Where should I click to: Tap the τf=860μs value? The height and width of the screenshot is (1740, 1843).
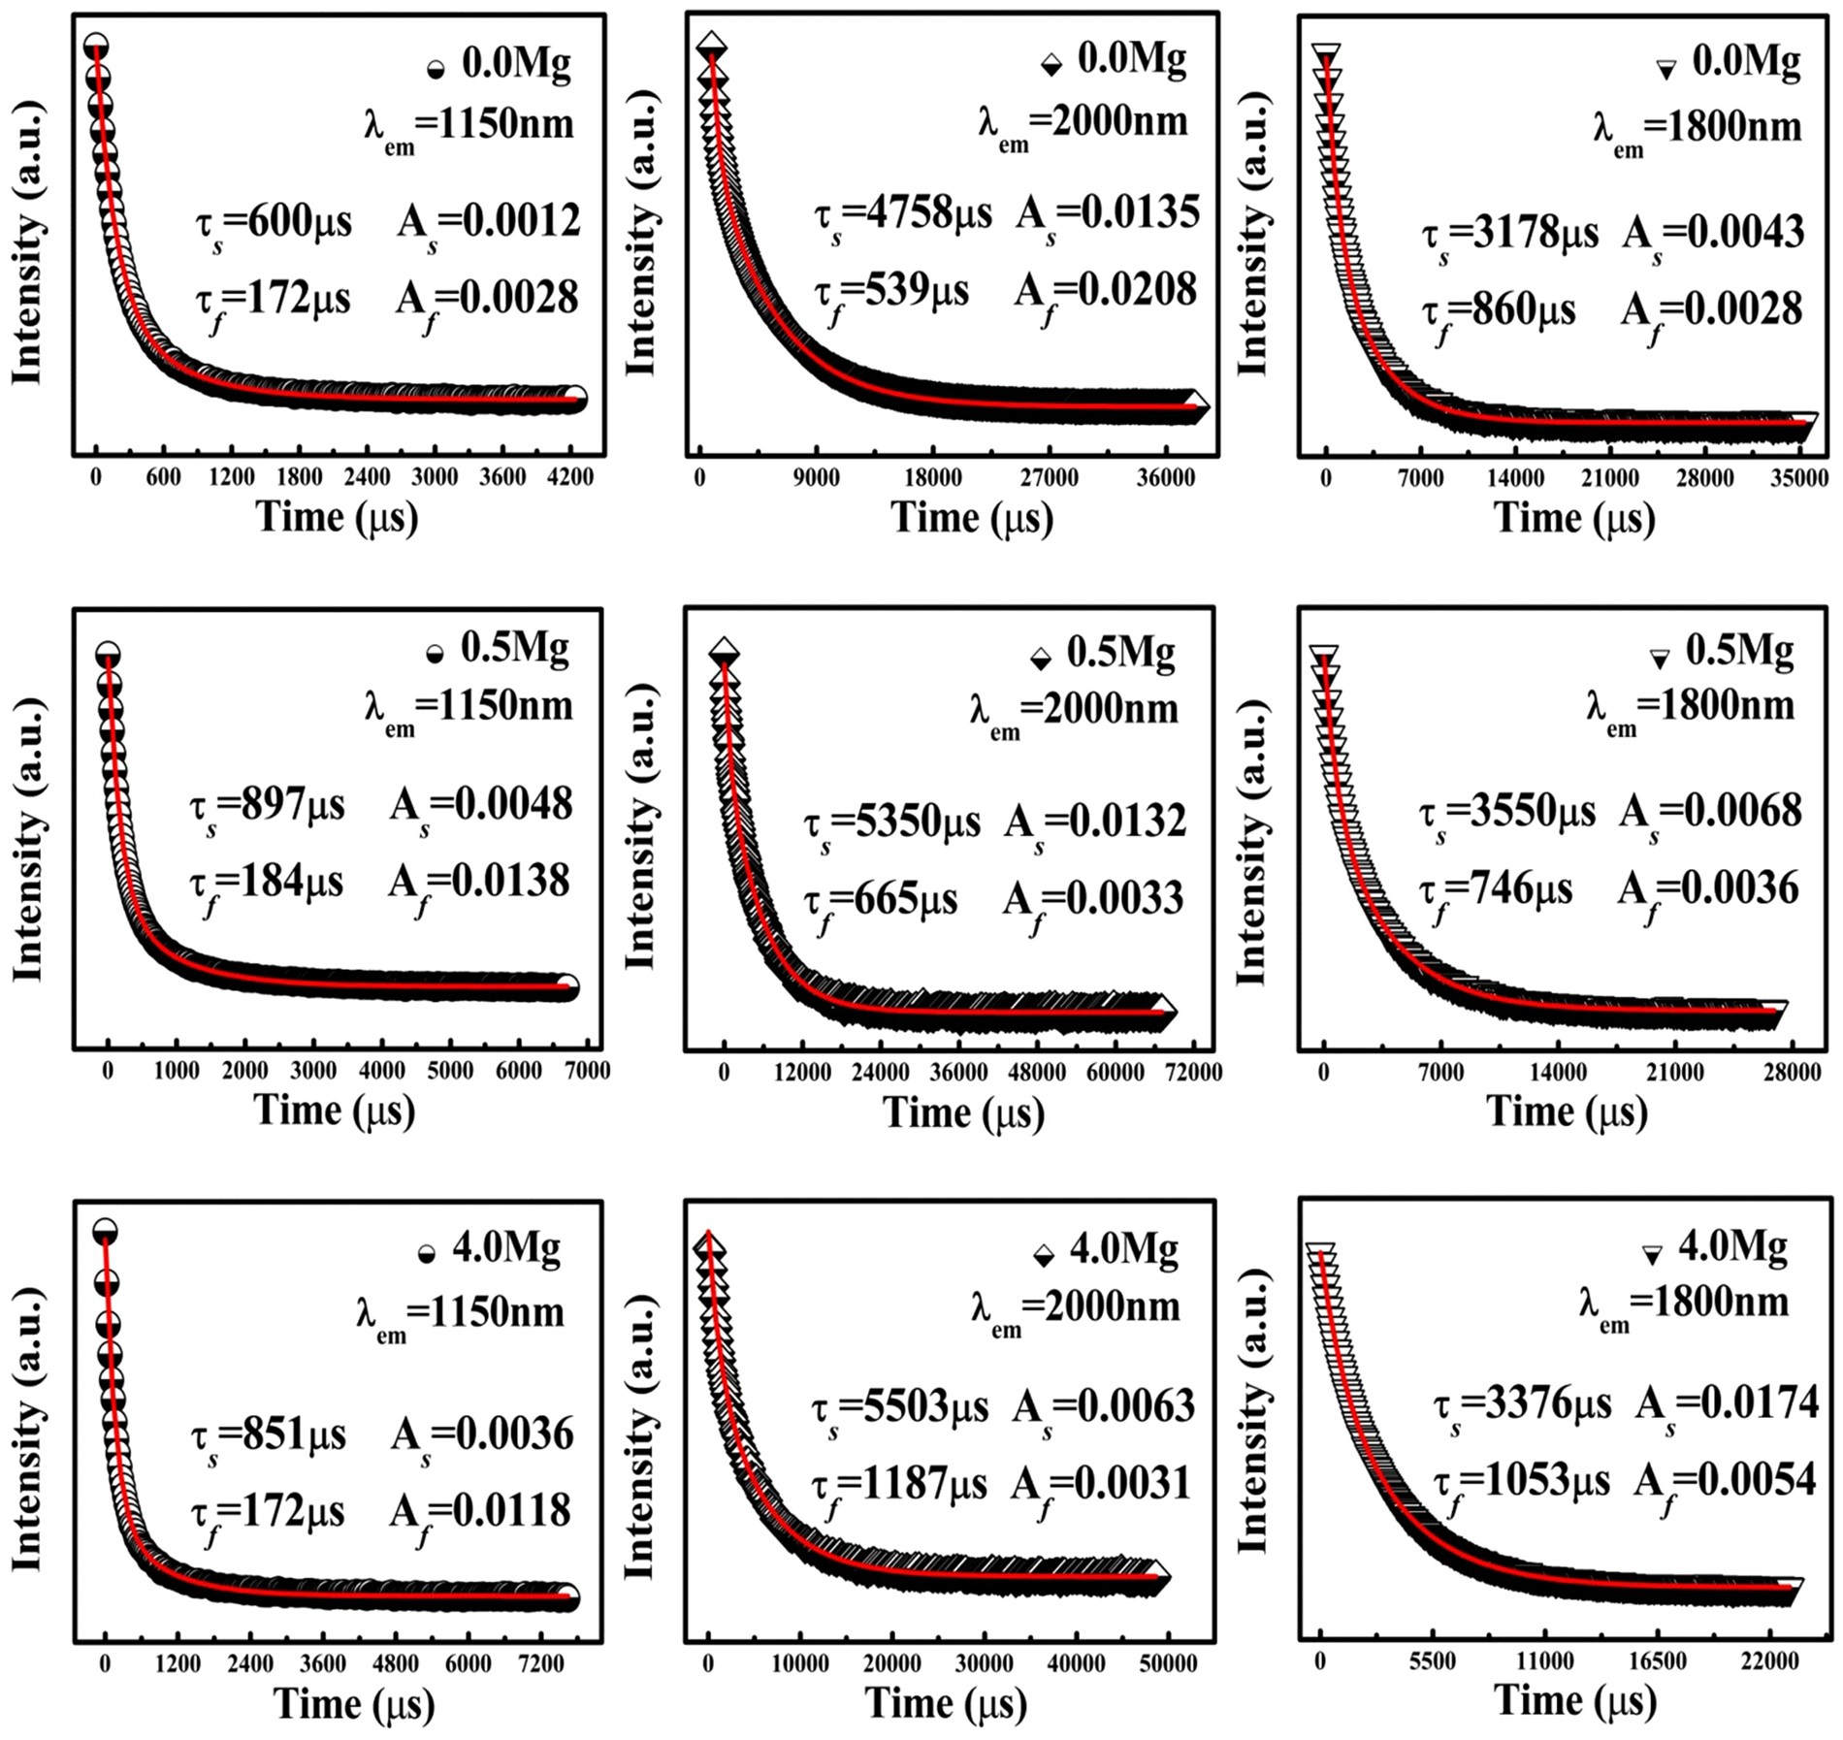click(x=1499, y=312)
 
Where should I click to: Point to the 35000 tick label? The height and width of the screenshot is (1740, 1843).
click(x=1797, y=478)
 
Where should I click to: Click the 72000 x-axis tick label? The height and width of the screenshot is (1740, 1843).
click(x=1192, y=1072)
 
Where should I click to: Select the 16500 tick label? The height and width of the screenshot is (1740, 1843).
click(x=1656, y=1661)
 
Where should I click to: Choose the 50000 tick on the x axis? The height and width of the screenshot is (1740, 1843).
click(x=1167, y=1663)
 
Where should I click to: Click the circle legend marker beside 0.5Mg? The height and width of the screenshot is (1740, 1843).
click(x=436, y=654)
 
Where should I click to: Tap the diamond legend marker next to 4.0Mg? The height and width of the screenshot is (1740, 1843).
click(x=1044, y=1257)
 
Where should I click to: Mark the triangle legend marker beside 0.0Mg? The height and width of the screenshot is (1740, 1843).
click(x=1665, y=69)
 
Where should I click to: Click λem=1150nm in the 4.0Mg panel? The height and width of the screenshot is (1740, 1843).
click(x=460, y=1314)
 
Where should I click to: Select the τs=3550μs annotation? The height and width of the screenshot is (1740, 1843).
click(x=1506, y=813)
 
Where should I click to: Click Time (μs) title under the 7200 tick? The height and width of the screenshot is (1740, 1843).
click(x=354, y=1704)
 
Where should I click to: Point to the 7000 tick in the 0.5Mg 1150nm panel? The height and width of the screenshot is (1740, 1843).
click(x=587, y=1072)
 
